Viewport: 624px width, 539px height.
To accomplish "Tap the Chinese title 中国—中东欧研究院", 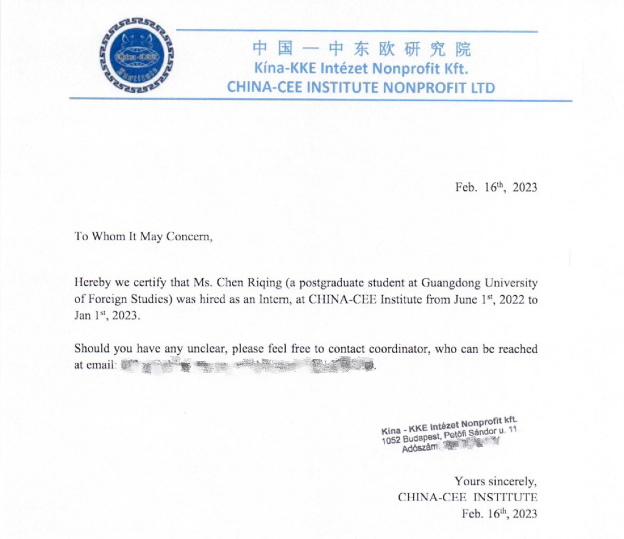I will (x=361, y=49).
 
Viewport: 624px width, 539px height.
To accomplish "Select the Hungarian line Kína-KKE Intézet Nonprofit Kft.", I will (x=361, y=68).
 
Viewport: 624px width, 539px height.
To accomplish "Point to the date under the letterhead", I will (x=496, y=187).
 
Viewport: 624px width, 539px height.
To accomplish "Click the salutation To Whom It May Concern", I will (x=144, y=237).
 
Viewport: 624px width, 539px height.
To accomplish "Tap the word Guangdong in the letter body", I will (x=438, y=284).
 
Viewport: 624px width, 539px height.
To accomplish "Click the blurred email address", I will (x=247, y=365).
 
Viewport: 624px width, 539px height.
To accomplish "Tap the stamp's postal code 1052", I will (x=391, y=440).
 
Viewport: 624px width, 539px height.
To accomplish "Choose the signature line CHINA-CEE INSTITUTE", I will (x=467, y=497).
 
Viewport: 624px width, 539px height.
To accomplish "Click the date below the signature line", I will (x=500, y=513).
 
